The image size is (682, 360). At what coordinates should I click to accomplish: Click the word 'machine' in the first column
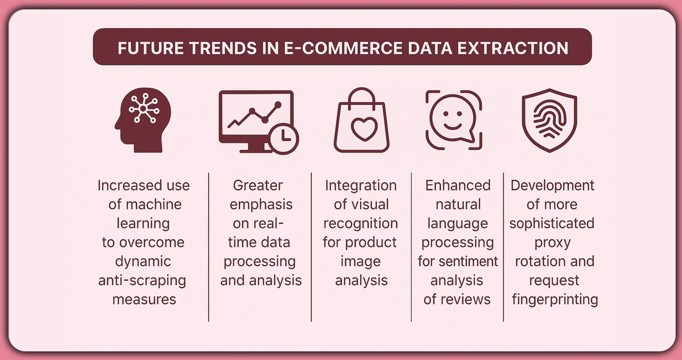pyautogui.click(x=155, y=205)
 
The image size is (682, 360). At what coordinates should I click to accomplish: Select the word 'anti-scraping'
pyautogui.click(x=142, y=281)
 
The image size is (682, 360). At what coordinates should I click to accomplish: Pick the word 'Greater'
pyautogui.click(x=258, y=185)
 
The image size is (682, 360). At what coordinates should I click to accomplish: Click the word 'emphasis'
pyautogui.click(x=261, y=204)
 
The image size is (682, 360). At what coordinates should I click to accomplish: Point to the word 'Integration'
pyautogui.click(x=361, y=185)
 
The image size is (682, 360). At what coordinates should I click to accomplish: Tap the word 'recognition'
pyautogui.click(x=361, y=223)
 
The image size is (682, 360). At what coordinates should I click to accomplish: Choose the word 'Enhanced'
pyautogui.click(x=458, y=185)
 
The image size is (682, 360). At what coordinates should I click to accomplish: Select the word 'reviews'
pyautogui.click(x=468, y=300)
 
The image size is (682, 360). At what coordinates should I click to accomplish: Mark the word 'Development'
pyautogui.click(x=552, y=185)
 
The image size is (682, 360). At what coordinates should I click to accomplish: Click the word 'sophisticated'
pyautogui.click(x=551, y=223)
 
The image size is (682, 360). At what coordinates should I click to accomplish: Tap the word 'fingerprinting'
pyautogui.click(x=554, y=300)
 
